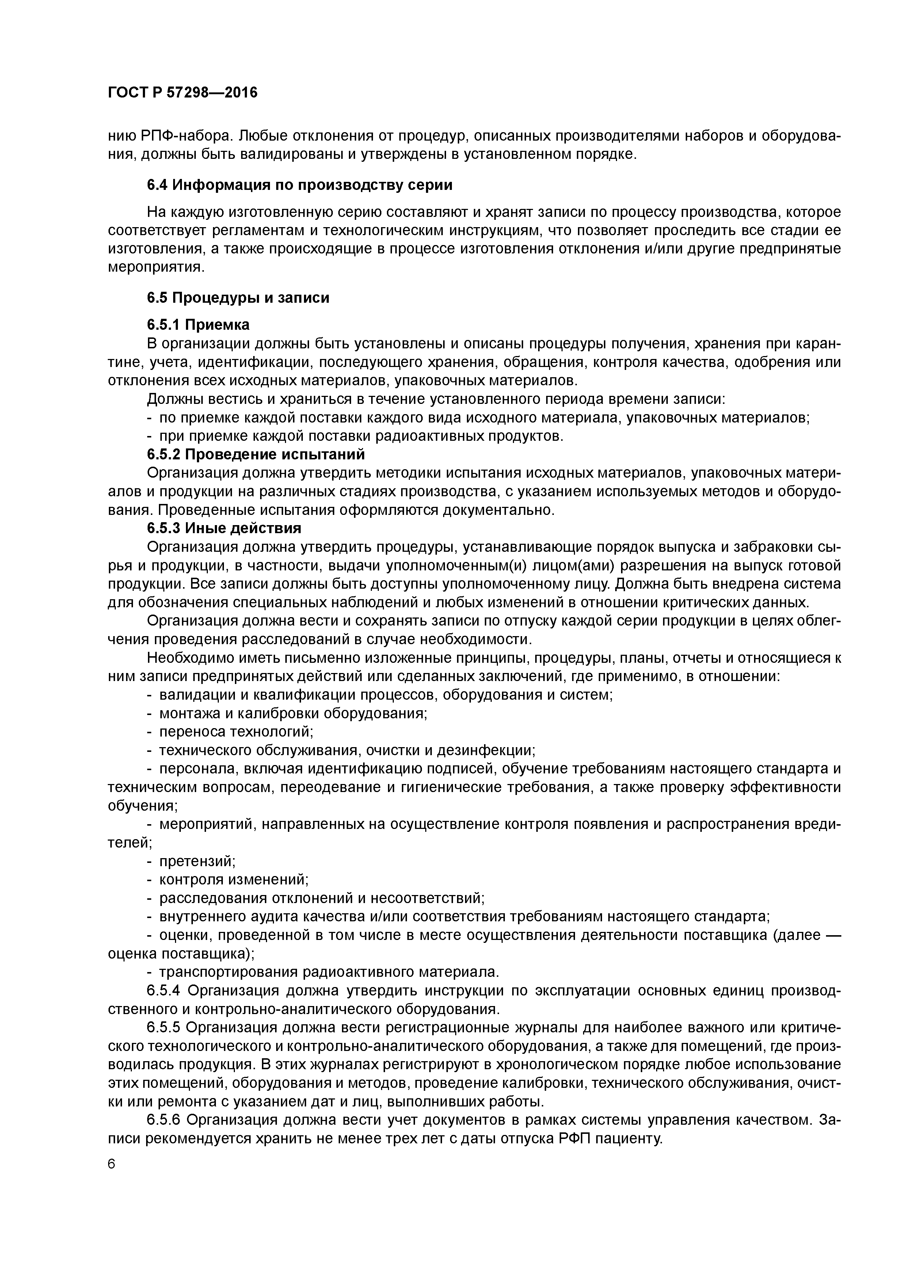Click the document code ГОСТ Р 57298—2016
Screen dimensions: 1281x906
tap(183, 93)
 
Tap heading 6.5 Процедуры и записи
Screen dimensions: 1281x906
tap(238, 298)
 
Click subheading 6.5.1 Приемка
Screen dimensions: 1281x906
tap(198, 325)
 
